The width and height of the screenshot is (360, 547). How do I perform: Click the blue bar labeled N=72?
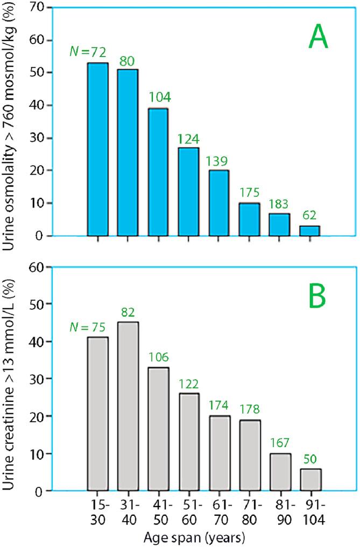(97, 150)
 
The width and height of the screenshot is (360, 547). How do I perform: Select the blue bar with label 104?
(158, 172)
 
